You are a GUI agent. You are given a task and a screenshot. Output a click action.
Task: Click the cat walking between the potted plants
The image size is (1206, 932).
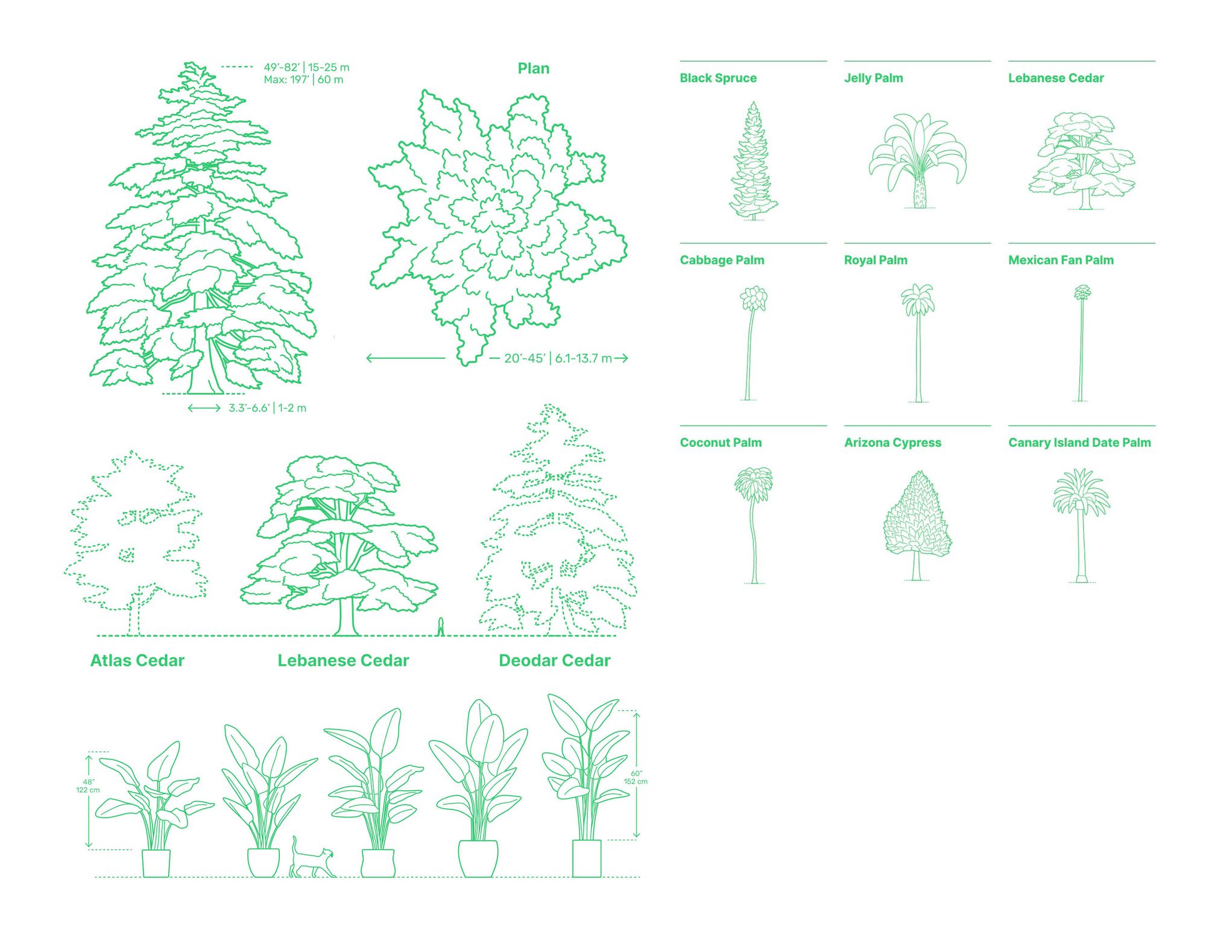tap(312, 858)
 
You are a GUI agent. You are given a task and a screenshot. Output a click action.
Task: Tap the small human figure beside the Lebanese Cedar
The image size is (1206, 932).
tap(441, 626)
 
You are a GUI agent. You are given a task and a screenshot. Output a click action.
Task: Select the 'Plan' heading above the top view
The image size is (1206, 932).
tap(534, 68)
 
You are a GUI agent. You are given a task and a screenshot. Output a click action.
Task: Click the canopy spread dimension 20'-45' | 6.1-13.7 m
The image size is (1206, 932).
tap(558, 358)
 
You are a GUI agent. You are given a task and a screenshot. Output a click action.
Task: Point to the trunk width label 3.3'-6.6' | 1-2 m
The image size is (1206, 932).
tap(267, 408)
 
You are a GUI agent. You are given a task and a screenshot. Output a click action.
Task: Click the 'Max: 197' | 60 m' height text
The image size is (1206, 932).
tap(303, 80)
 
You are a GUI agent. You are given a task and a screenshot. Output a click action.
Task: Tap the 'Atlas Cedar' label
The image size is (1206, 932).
tap(137, 661)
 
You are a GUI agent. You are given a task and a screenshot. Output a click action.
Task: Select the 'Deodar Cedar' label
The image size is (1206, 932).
tap(555, 661)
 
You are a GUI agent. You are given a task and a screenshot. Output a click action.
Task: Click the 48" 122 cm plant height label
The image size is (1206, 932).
tap(88, 785)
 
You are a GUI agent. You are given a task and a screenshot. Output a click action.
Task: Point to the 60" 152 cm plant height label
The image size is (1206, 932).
tap(636, 778)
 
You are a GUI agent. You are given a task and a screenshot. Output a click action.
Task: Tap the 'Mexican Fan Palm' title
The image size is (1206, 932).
tap(1061, 260)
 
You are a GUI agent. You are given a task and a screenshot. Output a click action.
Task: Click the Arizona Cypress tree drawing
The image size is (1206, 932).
tap(917, 525)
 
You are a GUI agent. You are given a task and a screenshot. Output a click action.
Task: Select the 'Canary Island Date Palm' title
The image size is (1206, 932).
tap(1079, 442)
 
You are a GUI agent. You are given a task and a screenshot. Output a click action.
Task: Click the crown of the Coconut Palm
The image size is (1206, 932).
tap(753, 484)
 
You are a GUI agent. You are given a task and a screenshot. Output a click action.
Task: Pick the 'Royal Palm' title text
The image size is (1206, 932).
tap(876, 260)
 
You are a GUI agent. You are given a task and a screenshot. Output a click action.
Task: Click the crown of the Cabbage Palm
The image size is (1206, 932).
tap(753, 299)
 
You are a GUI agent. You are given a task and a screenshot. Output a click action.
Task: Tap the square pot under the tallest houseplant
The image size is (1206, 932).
tap(586, 858)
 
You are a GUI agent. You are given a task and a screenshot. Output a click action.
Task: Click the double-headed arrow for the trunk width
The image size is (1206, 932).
tap(204, 408)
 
